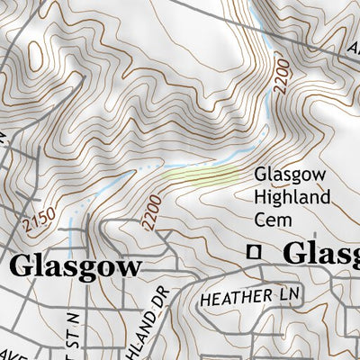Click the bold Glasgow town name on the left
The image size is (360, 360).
pyautogui.click(x=76, y=267)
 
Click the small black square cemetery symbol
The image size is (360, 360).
pyautogui.click(x=256, y=252)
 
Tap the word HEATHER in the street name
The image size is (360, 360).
pyautogui.click(x=232, y=296)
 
